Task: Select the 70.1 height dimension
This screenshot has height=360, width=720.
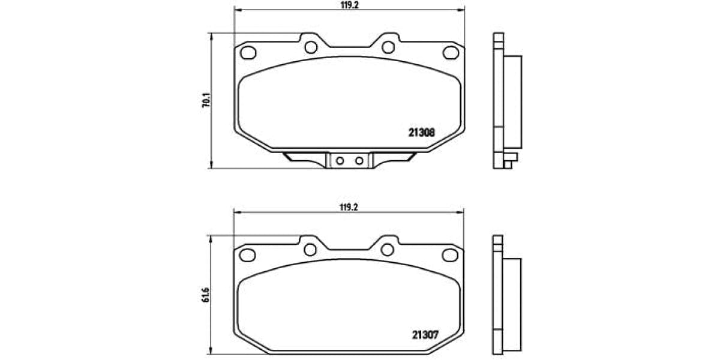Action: point(206,100)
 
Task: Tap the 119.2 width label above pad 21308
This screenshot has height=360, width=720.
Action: point(349,4)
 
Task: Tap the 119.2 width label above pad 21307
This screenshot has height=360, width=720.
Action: point(349,207)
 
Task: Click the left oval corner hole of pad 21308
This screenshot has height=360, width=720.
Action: point(248,53)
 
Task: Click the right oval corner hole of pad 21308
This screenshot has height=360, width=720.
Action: point(451,53)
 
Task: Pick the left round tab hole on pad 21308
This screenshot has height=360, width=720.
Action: point(310,47)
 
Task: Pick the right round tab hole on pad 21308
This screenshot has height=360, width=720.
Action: point(388,47)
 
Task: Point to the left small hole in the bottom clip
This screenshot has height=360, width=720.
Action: point(340,160)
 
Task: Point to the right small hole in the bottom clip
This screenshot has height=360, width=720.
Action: point(359,160)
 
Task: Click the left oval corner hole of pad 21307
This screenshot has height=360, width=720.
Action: point(248,255)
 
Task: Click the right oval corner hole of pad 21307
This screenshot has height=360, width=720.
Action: point(451,255)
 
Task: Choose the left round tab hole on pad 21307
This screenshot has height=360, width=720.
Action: point(310,249)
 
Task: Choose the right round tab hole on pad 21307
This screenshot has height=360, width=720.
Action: point(388,249)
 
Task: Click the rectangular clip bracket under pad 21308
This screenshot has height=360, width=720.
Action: point(349,160)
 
